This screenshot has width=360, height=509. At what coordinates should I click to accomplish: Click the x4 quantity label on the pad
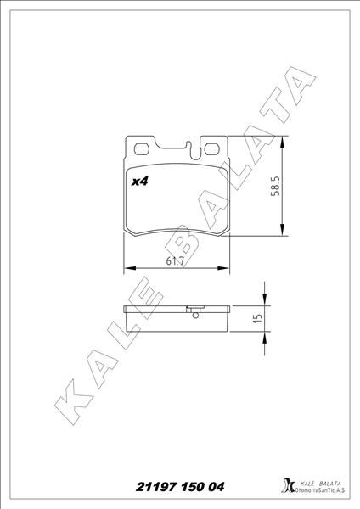click(x=139, y=181)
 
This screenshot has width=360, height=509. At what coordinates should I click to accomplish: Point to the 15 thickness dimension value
click(x=256, y=320)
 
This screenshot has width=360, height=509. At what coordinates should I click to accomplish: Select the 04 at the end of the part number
click(x=218, y=486)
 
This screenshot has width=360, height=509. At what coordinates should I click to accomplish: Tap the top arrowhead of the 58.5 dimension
click(x=281, y=141)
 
